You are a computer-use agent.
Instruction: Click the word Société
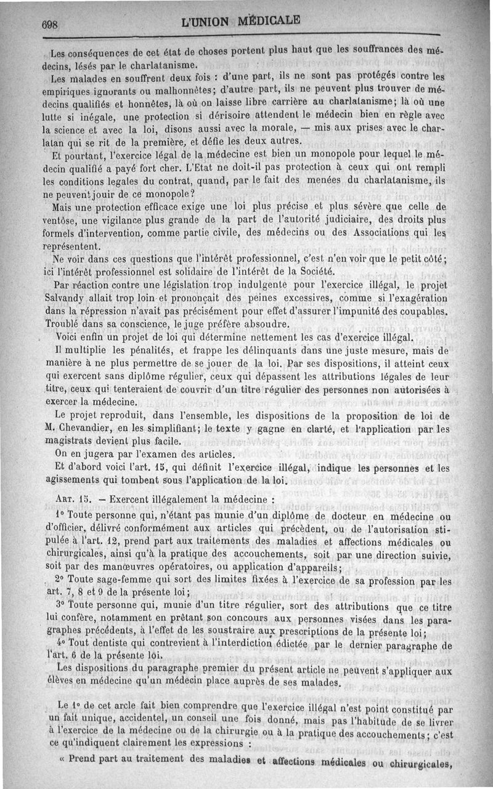tap(314, 270)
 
